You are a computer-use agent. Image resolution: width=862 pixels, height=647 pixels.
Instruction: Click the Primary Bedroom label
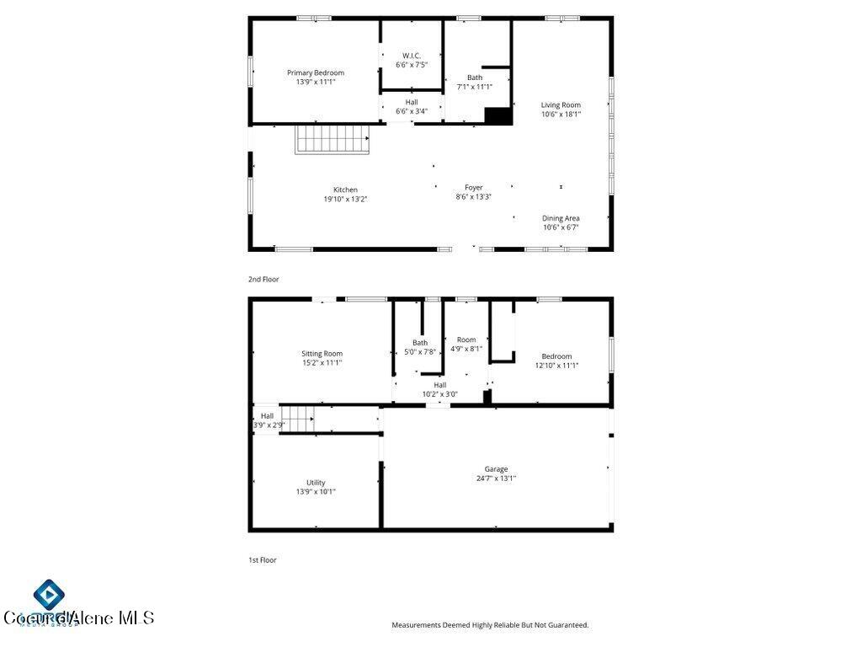point(316,73)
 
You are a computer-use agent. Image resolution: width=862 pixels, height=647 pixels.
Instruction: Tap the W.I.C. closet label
point(412,56)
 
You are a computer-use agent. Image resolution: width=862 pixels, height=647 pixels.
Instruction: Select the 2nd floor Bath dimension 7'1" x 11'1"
point(475,87)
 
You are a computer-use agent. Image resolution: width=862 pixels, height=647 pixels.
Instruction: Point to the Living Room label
point(561,105)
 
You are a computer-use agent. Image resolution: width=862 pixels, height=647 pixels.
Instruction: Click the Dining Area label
point(561,218)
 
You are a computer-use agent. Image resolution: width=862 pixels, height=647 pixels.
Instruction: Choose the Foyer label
point(474,188)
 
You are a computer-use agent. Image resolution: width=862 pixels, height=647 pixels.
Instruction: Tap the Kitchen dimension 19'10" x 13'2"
point(345,200)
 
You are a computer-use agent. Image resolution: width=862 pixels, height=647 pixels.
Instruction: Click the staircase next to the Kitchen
point(332,139)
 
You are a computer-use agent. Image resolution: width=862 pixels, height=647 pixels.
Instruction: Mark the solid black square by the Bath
point(498,116)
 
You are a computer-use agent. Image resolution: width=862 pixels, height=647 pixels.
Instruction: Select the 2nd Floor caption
point(263,279)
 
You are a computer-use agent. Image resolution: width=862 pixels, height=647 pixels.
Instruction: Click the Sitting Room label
point(322,354)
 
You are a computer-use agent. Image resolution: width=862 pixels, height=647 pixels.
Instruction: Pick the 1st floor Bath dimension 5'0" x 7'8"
point(420,352)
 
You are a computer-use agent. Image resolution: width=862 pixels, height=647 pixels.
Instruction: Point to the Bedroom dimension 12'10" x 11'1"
point(556,366)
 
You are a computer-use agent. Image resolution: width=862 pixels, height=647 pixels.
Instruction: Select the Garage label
point(496,469)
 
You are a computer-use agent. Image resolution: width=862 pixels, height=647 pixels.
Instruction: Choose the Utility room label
point(316,483)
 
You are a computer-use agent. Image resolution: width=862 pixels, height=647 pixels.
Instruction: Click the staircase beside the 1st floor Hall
point(297,418)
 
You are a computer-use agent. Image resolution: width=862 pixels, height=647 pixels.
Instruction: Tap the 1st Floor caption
point(263,559)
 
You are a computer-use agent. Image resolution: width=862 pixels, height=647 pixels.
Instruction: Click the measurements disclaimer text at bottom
point(490,625)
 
